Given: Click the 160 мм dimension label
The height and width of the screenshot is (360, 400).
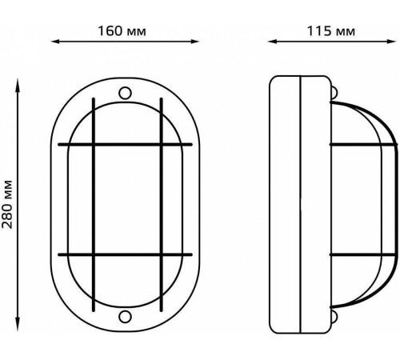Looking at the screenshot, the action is (122, 31).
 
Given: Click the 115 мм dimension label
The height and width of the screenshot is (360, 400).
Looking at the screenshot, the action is (331, 31).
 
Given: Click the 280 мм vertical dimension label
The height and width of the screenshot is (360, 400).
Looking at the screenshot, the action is (7, 204).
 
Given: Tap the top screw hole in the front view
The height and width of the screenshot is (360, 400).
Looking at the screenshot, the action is (125, 94).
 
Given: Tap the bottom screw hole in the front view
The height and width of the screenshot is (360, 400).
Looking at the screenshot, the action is (125, 317).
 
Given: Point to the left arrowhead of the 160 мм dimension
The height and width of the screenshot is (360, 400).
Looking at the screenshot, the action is (55, 42).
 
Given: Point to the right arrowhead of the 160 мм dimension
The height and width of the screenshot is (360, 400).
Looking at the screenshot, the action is (195, 42).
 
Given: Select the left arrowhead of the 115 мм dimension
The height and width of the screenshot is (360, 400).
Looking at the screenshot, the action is (272, 42).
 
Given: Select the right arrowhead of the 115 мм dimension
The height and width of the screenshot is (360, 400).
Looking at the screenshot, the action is (391, 42).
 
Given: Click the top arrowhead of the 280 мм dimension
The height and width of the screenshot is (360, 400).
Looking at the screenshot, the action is (18, 83).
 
